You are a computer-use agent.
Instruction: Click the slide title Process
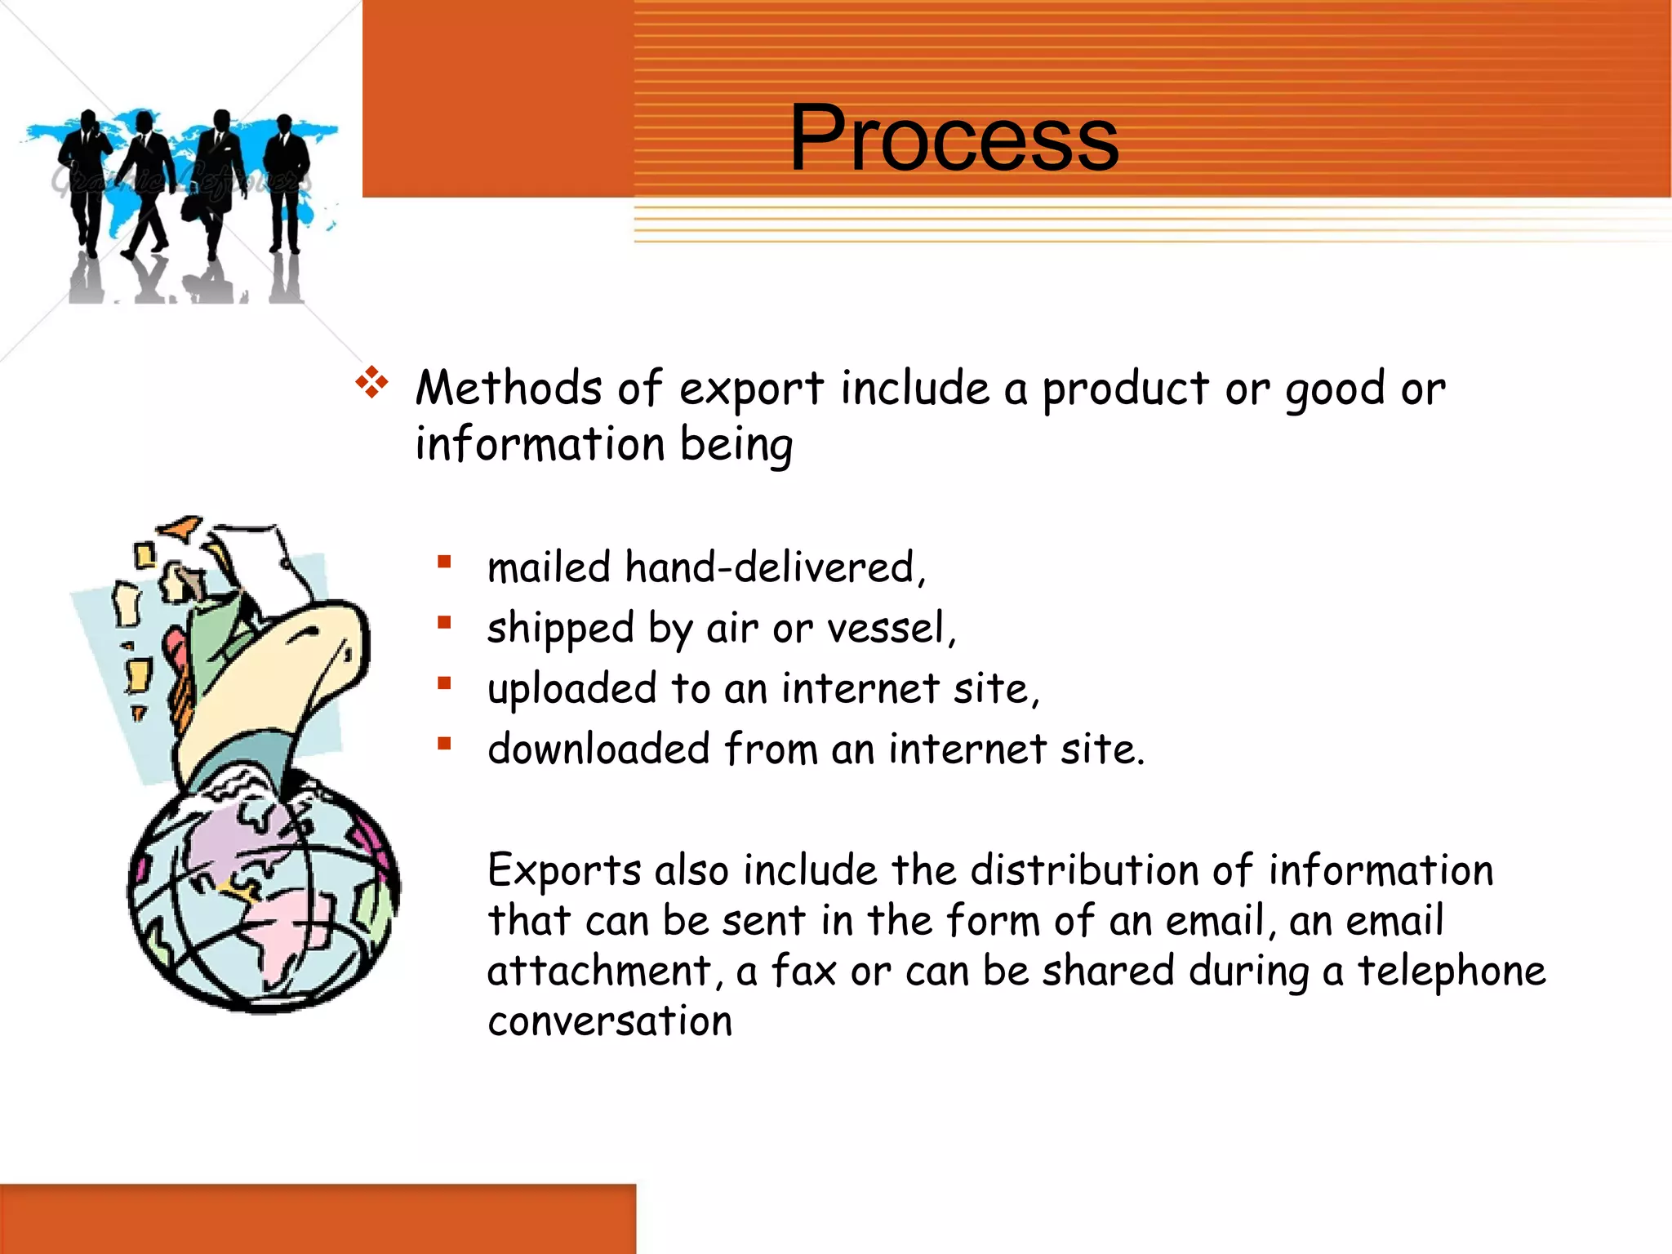954,139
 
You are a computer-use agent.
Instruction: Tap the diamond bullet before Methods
371,383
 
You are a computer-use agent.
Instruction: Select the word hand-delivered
776,567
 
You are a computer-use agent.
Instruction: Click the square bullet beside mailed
444,562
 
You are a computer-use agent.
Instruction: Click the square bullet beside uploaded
444,683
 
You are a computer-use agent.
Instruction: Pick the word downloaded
598,749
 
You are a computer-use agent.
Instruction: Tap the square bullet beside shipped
444,623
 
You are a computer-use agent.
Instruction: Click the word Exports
564,870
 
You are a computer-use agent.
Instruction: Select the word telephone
1452,972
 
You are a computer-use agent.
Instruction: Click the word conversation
610,1022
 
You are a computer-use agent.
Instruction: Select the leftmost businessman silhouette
84,180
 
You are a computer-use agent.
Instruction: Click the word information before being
540,445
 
